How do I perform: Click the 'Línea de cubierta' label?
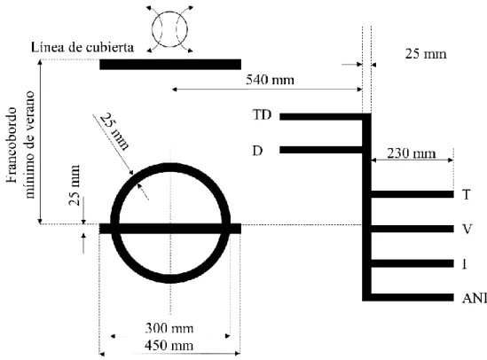coord(82,48)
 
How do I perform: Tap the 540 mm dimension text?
coord(270,80)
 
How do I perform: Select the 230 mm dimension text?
coord(412,153)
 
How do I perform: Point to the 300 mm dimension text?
coord(169,328)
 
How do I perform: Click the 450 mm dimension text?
coord(169,345)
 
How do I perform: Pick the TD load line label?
coord(263,115)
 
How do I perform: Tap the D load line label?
coord(257,151)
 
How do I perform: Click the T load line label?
coord(467,195)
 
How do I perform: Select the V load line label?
coord(467,230)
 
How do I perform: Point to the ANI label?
coord(475,298)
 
